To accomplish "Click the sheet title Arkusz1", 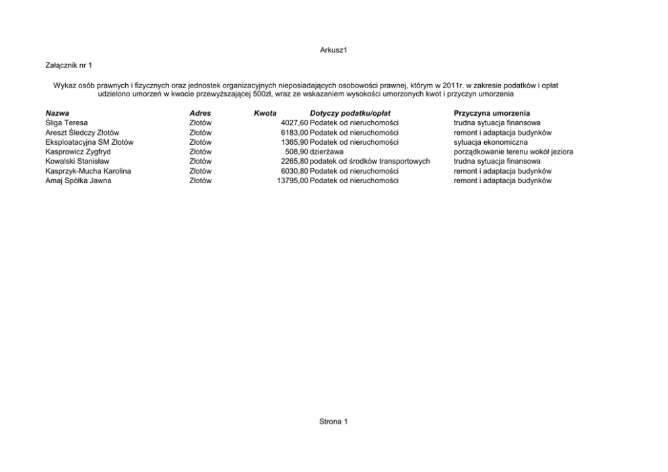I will (333, 50).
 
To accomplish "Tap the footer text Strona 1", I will (333, 422).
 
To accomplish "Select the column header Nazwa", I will (57, 114).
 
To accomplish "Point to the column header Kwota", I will (265, 114).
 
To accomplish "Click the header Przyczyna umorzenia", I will (492, 114).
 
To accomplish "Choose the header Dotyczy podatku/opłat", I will (350, 114).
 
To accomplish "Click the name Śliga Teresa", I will (67, 123).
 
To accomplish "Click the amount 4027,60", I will (294, 123).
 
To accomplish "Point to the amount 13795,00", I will (292, 180).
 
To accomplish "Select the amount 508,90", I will (296, 152).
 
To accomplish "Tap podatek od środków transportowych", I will (370, 162).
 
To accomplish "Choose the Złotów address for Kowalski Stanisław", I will (200, 162).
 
